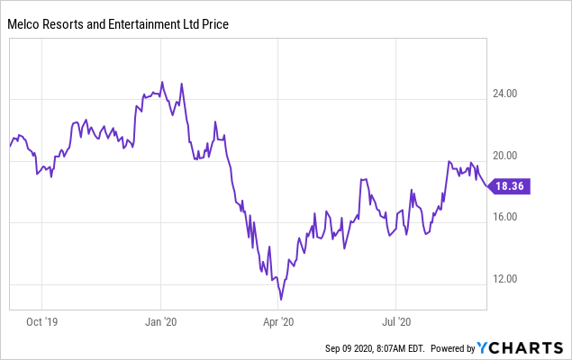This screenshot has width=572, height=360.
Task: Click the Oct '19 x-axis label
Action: click(40, 320)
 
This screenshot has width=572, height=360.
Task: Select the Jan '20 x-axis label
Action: click(160, 320)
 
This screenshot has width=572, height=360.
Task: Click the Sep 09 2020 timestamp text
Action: click(373, 348)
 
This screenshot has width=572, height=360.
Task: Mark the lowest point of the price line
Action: click(281, 299)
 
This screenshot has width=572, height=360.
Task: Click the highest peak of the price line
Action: click(162, 82)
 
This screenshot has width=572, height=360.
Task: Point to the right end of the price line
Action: click(486, 185)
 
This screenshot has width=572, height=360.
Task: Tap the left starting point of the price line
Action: click(10, 146)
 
